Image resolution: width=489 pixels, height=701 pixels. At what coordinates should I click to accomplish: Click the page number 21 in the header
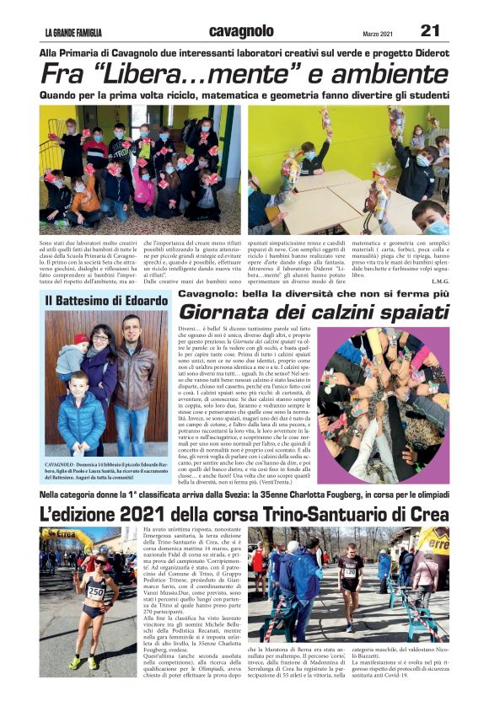[430, 31]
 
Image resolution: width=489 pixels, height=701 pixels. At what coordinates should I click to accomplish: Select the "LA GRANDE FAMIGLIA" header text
[73, 34]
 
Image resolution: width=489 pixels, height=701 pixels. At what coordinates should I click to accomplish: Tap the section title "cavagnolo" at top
[242, 31]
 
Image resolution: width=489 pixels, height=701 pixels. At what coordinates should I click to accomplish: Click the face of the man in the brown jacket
[129, 329]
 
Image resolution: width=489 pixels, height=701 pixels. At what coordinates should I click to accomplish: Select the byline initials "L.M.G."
[438, 281]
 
